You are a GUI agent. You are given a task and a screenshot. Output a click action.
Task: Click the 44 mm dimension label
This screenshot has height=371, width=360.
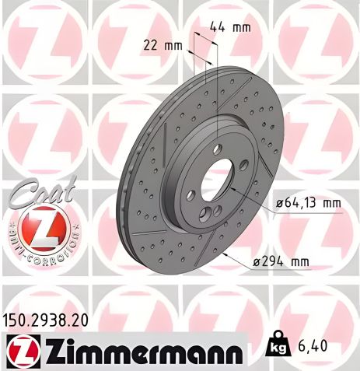[231, 28]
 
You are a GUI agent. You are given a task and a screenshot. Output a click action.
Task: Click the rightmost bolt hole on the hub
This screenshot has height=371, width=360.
[244, 166]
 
